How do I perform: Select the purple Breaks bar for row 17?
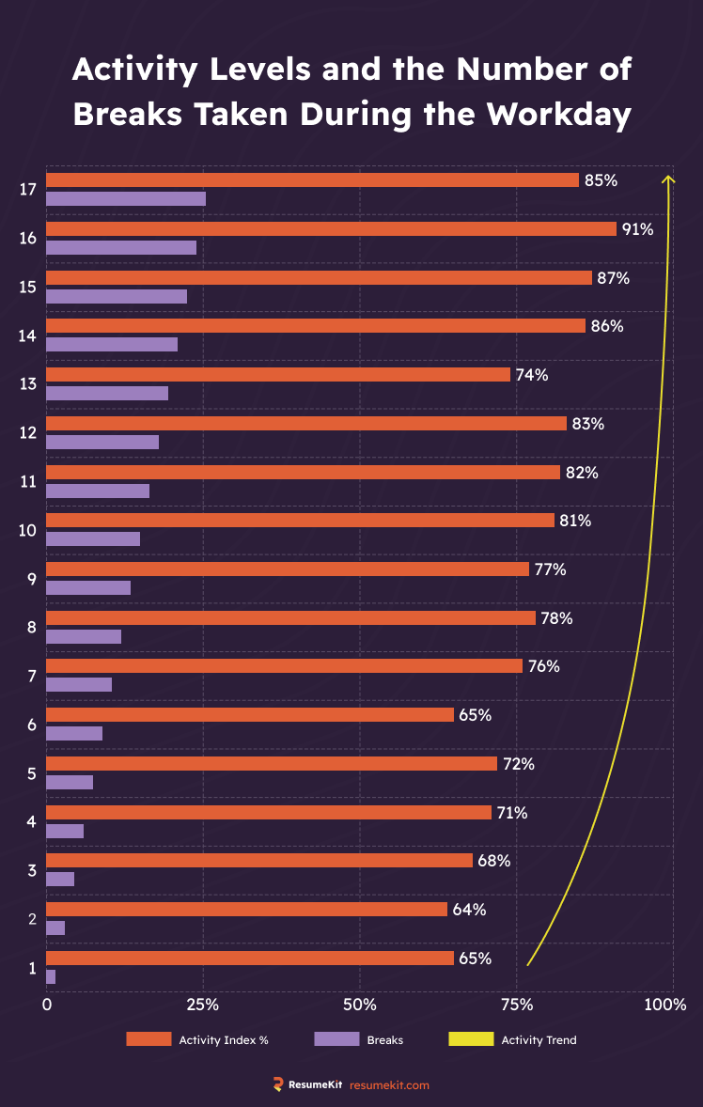tap(126, 198)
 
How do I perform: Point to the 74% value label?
tap(531, 374)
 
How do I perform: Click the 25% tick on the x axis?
tap(203, 1005)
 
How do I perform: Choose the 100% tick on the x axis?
tap(665, 1005)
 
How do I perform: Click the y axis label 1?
tap(32, 968)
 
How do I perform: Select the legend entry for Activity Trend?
tap(539, 1039)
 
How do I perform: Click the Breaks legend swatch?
tap(336, 1039)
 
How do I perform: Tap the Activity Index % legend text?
tap(224, 1039)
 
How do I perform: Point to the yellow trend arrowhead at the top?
tap(668, 179)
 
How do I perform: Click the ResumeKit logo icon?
tap(278, 1084)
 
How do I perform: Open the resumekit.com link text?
tap(389, 1084)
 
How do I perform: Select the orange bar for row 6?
tap(250, 715)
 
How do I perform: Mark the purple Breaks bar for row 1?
tap(51, 977)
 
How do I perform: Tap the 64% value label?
tap(468, 910)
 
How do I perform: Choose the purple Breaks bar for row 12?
tap(102, 442)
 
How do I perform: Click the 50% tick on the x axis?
tap(360, 1005)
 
